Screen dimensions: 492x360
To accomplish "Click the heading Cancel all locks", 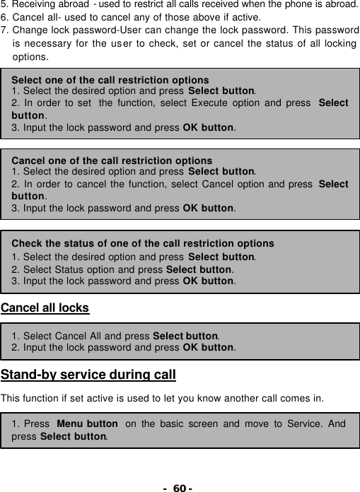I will coord(45,307).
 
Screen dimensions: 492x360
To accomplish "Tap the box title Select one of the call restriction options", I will coord(110,81).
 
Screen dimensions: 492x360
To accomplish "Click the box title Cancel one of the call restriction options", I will coord(112,161).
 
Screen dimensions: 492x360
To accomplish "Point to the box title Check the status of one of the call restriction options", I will coord(143,243).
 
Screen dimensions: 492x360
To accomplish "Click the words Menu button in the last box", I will coord(87,424).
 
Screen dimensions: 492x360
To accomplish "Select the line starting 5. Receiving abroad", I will coord(180,4).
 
